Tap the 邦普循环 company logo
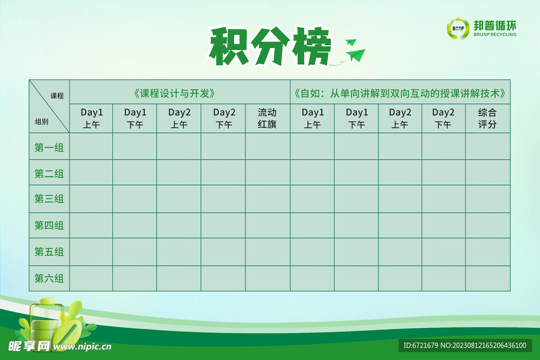[x=481, y=28]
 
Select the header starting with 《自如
[x=400, y=93]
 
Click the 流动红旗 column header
[x=267, y=119]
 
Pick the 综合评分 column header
[x=488, y=119]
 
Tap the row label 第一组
[x=49, y=148]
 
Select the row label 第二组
[x=49, y=173]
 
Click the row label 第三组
[x=49, y=199]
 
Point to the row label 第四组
[x=49, y=226]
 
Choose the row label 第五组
[x=49, y=252]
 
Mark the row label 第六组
[x=49, y=278]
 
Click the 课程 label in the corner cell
[x=57, y=96]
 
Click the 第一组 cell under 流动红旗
[x=267, y=147]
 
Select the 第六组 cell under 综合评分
[x=488, y=278]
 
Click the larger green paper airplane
[x=356, y=55]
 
